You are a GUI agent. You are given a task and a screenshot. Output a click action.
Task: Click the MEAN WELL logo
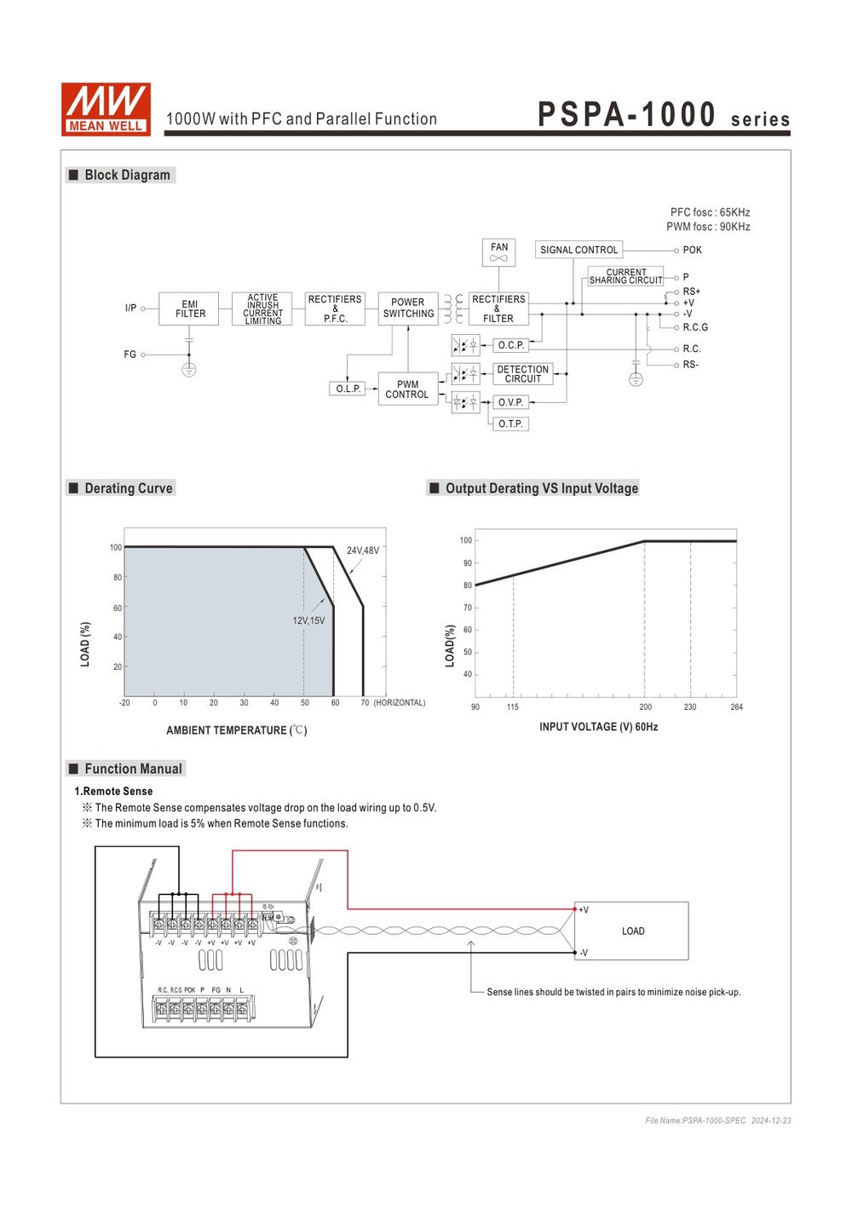[x=106, y=109]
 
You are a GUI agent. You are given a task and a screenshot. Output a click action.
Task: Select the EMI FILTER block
[x=189, y=308]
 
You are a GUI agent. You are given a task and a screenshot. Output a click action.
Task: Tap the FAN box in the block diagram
[x=498, y=252]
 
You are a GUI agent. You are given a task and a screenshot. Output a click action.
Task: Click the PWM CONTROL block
[x=408, y=389]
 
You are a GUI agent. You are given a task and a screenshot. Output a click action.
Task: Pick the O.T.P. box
[x=510, y=424]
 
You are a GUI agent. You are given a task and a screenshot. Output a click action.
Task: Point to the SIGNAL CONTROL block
[x=579, y=251]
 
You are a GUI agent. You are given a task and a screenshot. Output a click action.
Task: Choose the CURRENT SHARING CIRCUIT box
[x=625, y=276]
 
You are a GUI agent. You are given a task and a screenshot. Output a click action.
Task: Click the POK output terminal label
[x=692, y=251]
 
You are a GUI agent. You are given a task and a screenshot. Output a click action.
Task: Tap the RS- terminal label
[x=691, y=365]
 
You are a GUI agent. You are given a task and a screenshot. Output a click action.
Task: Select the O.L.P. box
[x=348, y=389]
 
